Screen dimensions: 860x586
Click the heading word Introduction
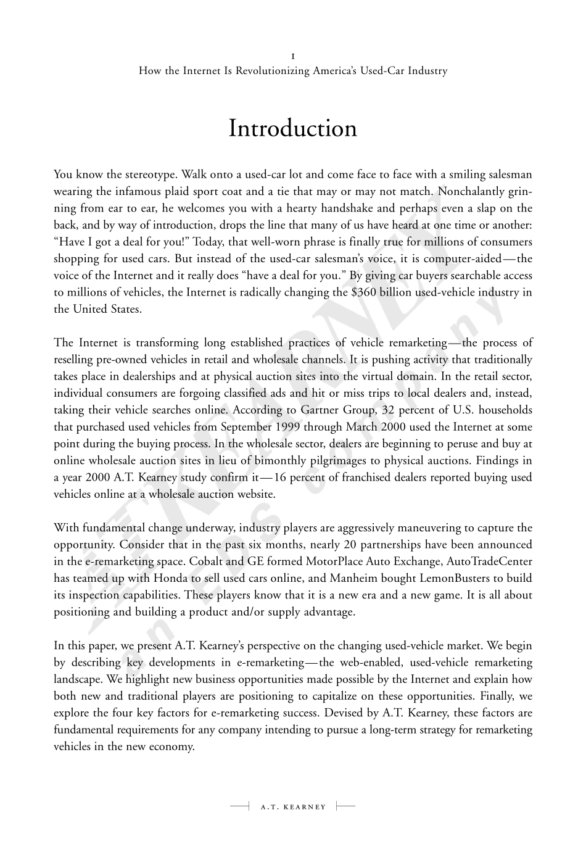[x=293, y=128]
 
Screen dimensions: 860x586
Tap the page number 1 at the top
[x=292, y=56]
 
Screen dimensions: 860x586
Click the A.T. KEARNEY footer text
[x=293, y=806]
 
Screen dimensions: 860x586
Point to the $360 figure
[x=363, y=292]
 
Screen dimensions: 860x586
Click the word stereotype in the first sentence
[x=132, y=175]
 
